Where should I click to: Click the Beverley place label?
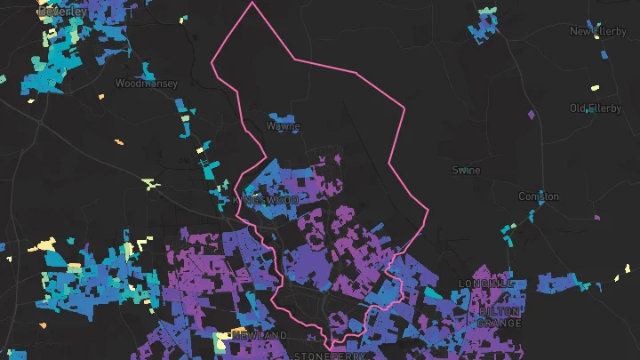pos(62,12)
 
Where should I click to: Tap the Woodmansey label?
pos(146,84)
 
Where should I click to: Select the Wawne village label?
pos(283,127)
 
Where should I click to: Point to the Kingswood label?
pos(267,201)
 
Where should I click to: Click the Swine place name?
pos(466,170)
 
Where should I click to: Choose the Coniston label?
pos(540,196)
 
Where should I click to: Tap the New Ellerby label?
pos(598,32)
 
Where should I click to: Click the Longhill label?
pos(486,284)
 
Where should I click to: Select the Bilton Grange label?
pos(500,317)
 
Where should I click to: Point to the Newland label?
pos(260,335)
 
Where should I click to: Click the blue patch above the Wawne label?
pos(282,116)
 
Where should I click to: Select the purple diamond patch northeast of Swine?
pos(532,115)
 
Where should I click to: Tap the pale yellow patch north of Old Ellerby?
pos(594,89)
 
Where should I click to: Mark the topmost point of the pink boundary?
pos(252,2)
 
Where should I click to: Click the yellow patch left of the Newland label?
pos(221,338)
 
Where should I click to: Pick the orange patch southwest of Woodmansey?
pos(118,141)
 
